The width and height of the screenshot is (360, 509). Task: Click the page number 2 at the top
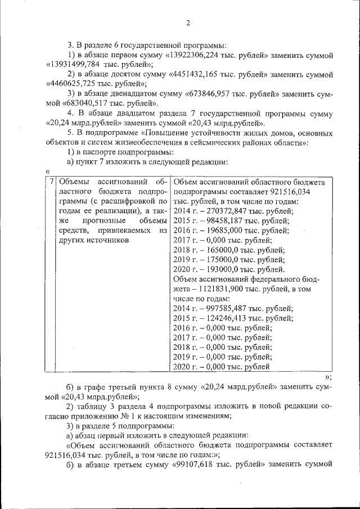click(x=188, y=23)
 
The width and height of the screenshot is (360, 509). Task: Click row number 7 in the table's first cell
click(x=51, y=182)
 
